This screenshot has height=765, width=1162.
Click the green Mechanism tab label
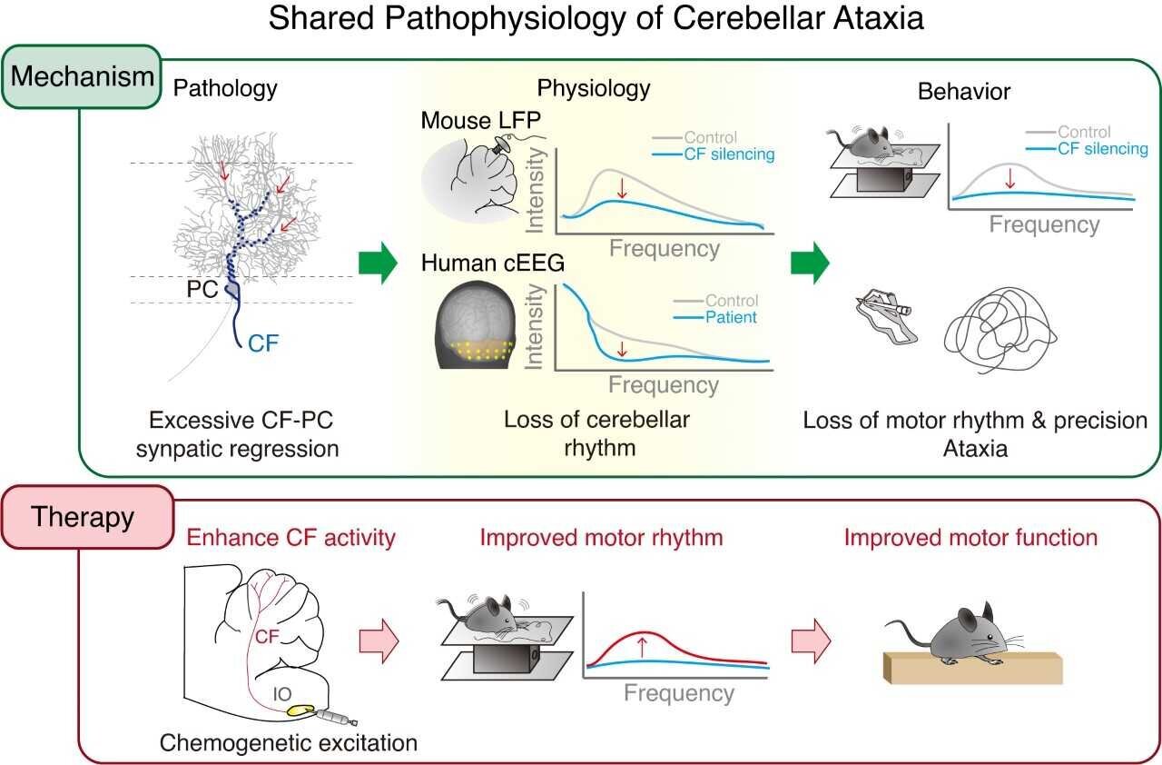(84, 77)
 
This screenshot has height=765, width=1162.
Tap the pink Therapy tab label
(84, 517)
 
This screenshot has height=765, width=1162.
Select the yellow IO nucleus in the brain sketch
(298, 710)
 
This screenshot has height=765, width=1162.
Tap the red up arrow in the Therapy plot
(642, 646)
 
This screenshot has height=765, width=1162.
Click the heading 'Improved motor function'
(970, 537)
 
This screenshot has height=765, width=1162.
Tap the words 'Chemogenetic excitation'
(289, 742)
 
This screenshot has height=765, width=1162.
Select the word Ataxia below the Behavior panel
(976, 448)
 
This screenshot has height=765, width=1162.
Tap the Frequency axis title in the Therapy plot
(678, 693)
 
